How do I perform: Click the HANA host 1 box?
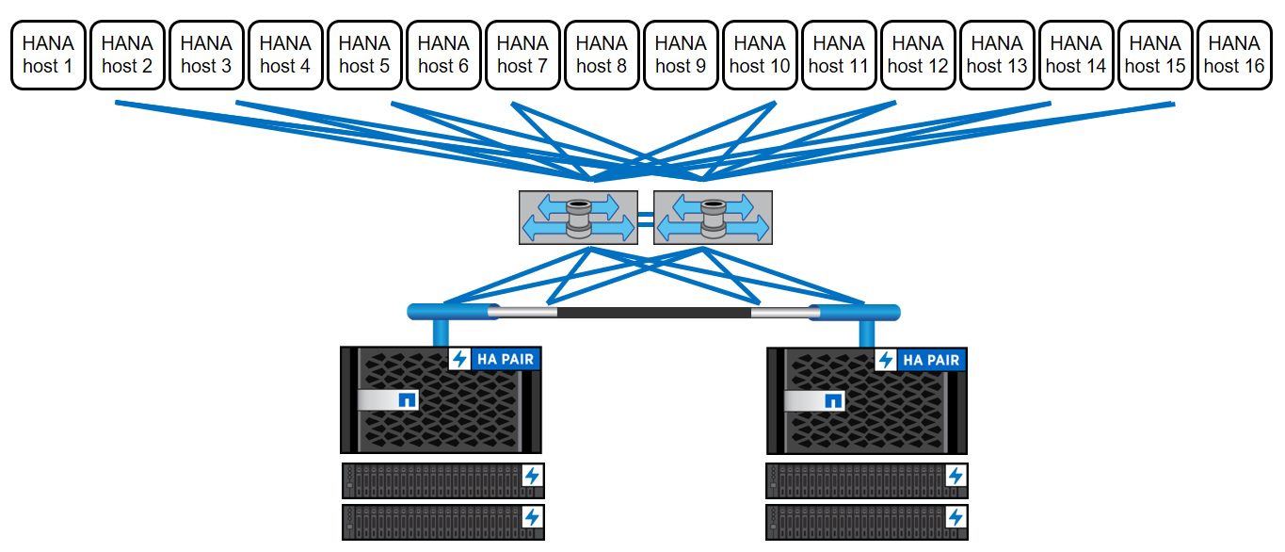click(48, 56)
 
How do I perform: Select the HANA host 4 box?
click(285, 56)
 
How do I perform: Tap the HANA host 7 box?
click(522, 56)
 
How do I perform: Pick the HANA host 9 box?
click(681, 56)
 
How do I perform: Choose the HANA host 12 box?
click(918, 56)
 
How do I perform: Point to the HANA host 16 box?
click(1234, 56)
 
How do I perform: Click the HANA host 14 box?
click(1076, 56)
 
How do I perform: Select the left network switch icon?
click(578, 218)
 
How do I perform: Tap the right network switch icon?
click(713, 218)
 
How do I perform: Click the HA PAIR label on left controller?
click(505, 360)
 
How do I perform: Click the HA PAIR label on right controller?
click(931, 360)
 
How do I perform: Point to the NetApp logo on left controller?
click(408, 400)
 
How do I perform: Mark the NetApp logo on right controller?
click(833, 400)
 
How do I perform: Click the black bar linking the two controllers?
click(654, 312)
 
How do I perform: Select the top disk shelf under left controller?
click(442, 479)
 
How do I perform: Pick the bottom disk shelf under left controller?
click(442, 521)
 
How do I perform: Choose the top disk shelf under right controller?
click(867, 479)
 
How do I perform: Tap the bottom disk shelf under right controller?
click(867, 521)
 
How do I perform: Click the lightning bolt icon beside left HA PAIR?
click(459, 360)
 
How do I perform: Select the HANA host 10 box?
click(760, 56)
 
